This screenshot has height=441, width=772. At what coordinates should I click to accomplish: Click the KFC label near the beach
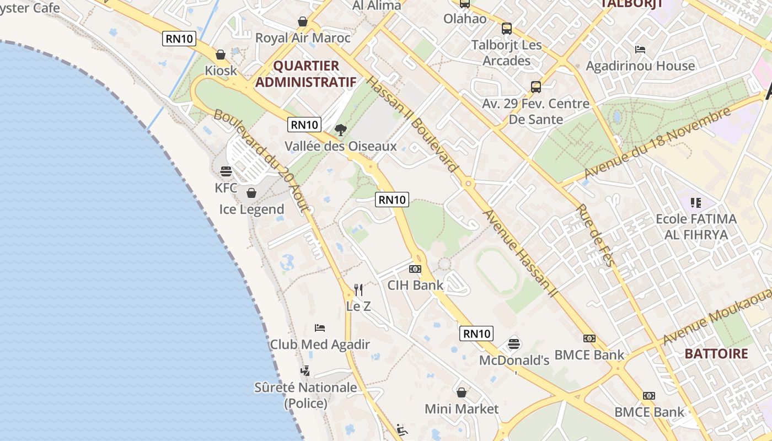click(226, 188)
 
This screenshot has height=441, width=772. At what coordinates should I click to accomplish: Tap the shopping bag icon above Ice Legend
click(251, 193)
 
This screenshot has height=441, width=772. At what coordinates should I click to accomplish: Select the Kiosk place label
click(221, 71)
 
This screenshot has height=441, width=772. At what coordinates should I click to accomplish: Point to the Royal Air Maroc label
click(303, 38)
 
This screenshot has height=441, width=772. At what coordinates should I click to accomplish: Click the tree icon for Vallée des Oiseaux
click(341, 130)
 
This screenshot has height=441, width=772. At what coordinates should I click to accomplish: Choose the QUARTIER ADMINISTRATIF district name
click(306, 74)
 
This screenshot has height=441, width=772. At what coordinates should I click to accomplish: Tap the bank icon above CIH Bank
click(415, 269)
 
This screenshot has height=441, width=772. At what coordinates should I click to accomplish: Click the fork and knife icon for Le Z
click(358, 289)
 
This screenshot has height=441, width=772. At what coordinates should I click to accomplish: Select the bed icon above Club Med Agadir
click(320, 328)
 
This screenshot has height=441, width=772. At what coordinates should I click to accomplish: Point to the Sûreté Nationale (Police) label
click(305, 395)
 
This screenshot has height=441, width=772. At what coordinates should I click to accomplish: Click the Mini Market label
click(462, 409)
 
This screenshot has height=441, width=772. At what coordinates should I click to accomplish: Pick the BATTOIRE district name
click(716, 354)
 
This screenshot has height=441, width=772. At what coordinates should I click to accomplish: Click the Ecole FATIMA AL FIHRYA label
click(696, 227)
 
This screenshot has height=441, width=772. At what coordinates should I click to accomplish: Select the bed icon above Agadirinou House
click(640, 50)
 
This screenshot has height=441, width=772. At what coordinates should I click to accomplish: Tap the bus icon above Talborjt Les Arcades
click(507, 29)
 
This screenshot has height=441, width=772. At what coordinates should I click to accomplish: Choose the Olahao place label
click(465, 19)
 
